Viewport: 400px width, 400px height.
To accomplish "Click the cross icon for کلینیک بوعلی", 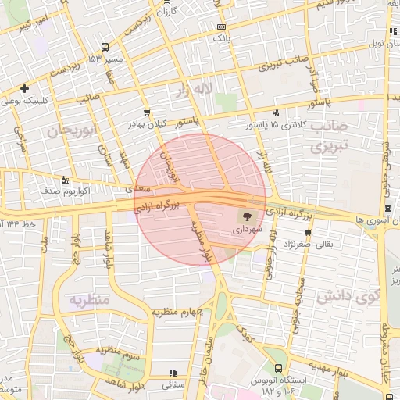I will pos(25,88).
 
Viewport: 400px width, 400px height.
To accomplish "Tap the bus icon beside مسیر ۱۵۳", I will pos(101,59).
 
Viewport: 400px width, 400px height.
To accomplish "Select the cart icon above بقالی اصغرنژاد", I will pos(309,232).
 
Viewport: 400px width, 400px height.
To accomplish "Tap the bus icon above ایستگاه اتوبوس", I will pos(279,368).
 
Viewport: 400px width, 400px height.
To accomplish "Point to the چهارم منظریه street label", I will pos(177,312).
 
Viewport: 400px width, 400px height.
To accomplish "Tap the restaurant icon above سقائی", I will pos(172,374).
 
